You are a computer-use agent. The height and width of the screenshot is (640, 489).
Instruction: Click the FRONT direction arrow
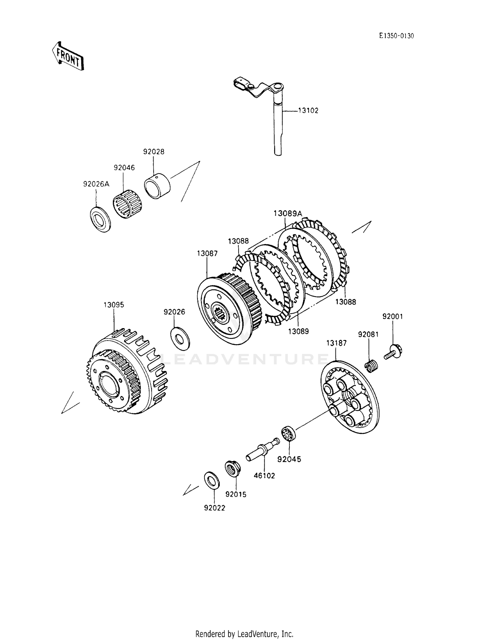point(68,56)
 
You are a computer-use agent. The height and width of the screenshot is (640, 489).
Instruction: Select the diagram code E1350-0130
point(396,36)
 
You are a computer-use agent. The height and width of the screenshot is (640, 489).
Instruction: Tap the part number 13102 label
point(308,111)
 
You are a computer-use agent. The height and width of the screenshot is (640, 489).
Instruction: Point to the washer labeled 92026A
point(100,219)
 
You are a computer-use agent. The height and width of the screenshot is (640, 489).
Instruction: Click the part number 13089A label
point(288,213)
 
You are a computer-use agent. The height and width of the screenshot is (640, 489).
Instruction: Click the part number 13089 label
point(298,331)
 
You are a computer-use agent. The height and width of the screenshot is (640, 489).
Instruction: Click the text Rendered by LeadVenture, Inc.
point(244,625)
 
